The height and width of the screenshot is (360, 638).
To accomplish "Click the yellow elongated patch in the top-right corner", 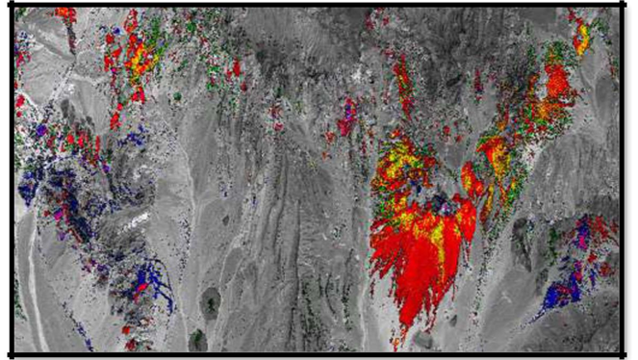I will click(582, 39).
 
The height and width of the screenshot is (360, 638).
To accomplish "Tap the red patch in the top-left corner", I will click(65, 14).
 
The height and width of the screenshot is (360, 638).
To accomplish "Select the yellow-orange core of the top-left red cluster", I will click(140, 58).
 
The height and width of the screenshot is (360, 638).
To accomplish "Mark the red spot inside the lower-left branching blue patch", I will click(141, 287).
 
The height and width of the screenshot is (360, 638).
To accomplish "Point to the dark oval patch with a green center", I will click(210, 304).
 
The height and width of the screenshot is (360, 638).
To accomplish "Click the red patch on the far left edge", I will click(19, 101).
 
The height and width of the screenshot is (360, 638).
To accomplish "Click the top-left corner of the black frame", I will click(12, 6).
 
